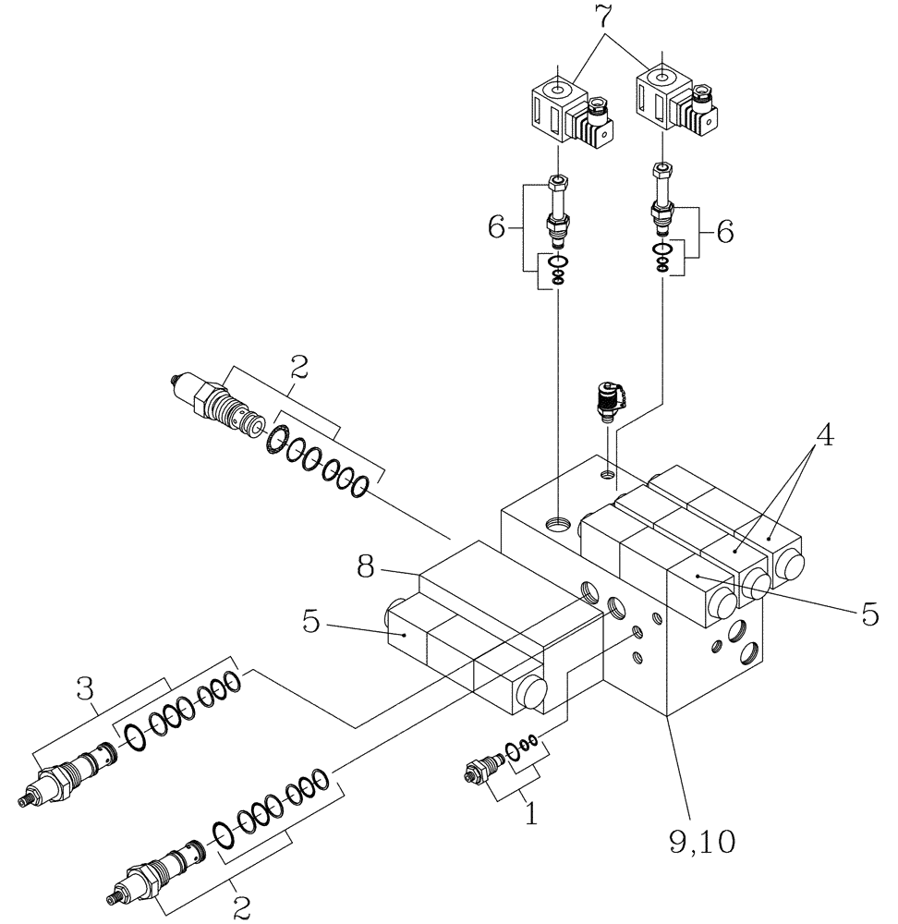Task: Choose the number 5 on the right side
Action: point(868,614)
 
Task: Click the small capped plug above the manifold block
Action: point(606,400)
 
